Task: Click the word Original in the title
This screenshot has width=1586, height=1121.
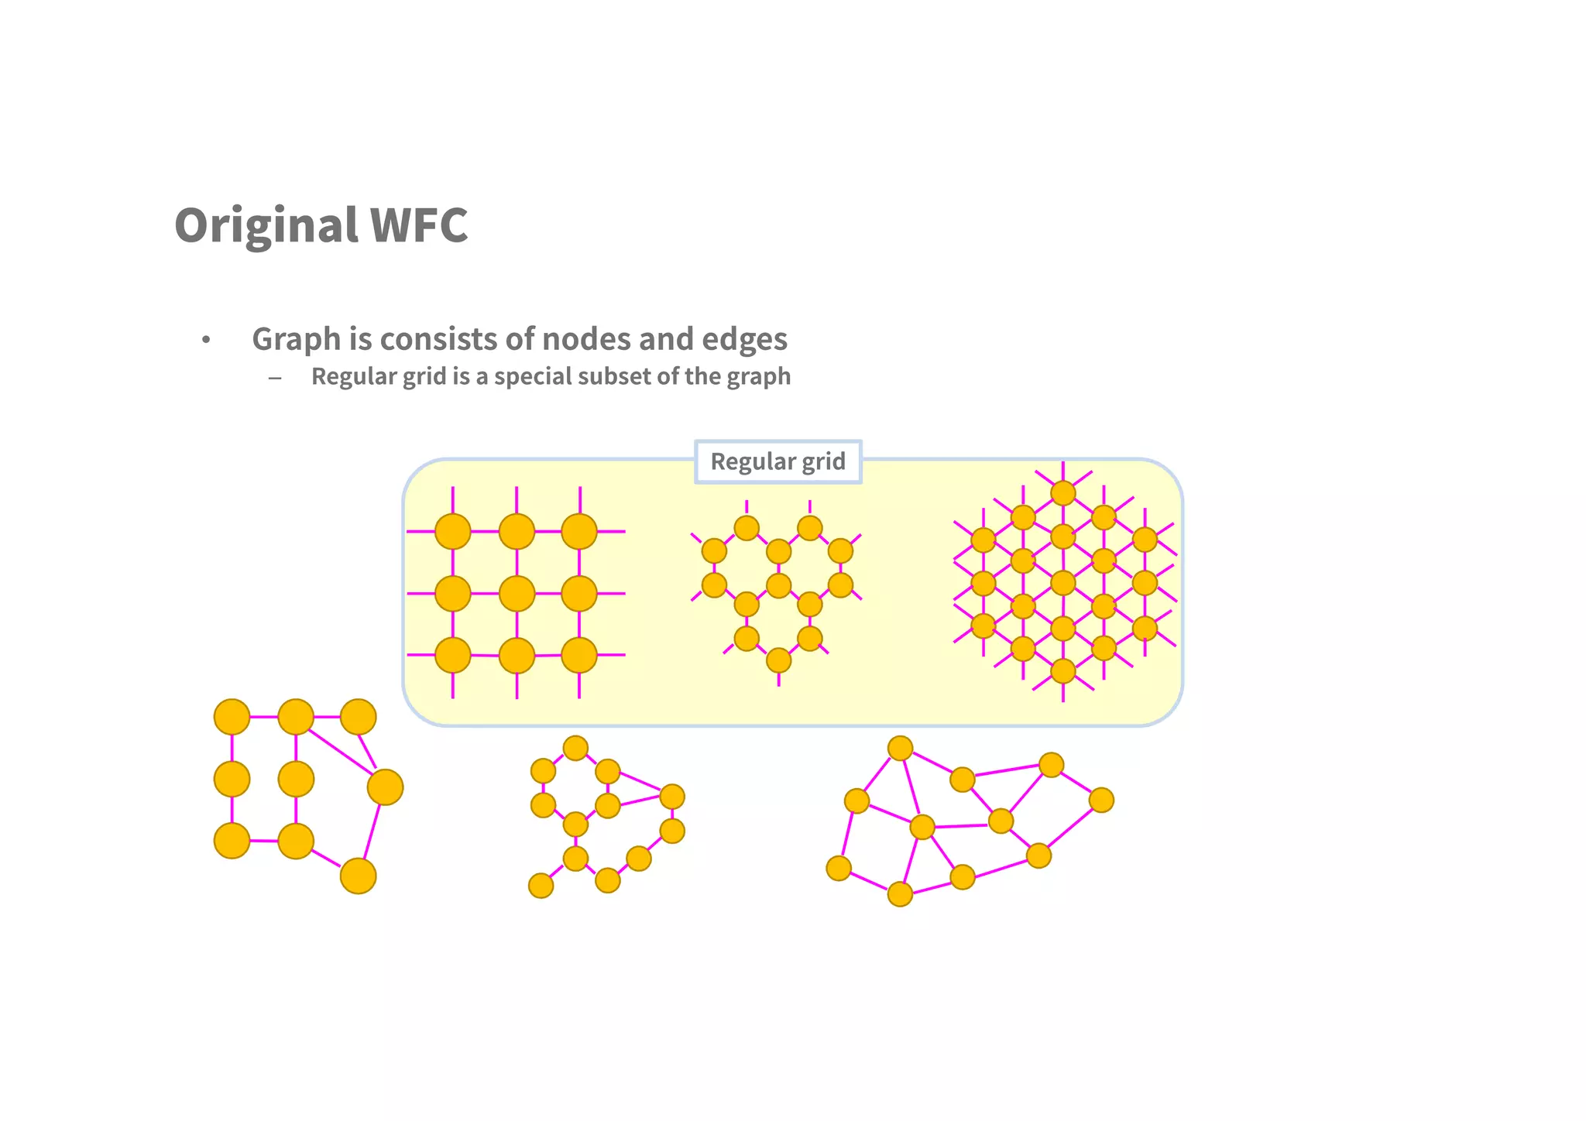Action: [x=266, y=225]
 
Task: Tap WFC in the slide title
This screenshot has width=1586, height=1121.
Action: [x=419, y=225]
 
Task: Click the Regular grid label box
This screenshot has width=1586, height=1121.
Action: [x=778, y=461]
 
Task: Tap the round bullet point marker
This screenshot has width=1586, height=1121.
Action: [x=206, y=340]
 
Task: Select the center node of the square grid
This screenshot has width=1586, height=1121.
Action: [x=517, y=594]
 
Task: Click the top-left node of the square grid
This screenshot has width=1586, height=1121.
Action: [x=453, y=532]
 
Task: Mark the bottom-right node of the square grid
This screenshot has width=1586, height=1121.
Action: [x=579, y=656]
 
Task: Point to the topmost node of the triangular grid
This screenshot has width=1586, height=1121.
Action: [x=1063, y=493]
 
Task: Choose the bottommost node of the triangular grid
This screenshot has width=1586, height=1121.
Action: [x=1063, y=670]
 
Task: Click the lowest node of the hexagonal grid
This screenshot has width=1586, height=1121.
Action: [x=778, y=660]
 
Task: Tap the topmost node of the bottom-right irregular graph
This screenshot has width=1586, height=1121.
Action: [x=900, y=749]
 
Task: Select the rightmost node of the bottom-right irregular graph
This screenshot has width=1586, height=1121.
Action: [x=1101, y=800]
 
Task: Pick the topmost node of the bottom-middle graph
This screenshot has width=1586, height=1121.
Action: [x=575, y=748]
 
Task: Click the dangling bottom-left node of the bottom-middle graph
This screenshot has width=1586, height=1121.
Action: [x=541, y=886]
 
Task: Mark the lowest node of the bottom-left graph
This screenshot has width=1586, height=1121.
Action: [x=358, y=876]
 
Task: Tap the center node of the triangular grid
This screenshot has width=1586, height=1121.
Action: [x=1063, y=583]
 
